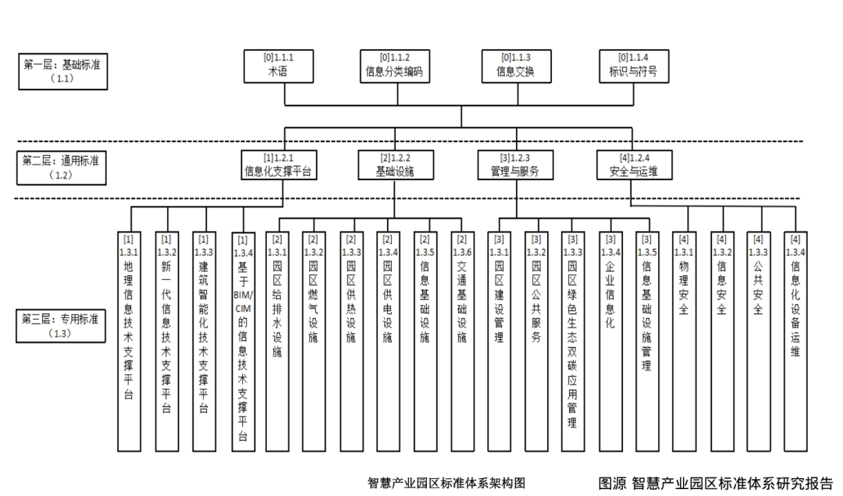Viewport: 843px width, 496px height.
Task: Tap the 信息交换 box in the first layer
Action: tap(514, 66)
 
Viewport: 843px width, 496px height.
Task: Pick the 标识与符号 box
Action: tap(633, 66)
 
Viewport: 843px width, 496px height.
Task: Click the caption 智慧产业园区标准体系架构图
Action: tap(446, 484)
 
